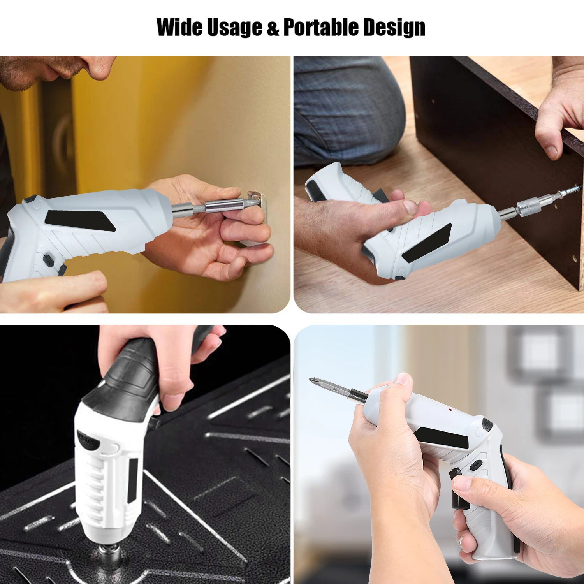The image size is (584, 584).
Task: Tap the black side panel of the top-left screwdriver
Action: pyautogui.click(x=80, y=221)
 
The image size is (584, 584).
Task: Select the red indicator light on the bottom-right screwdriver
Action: pyautogui.click(x=449, y=410)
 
